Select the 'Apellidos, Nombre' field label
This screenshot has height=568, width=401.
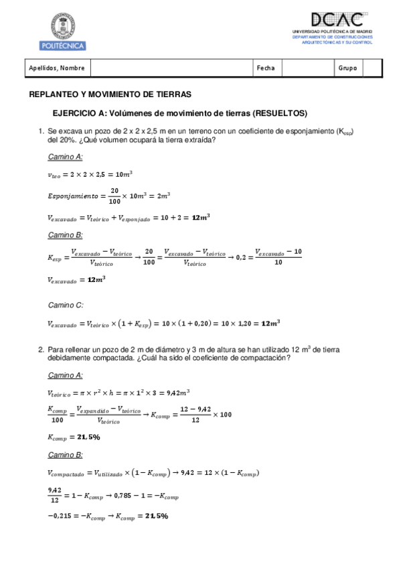57,68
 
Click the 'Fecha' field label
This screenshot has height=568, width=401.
266,68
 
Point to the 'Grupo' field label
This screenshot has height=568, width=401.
347,68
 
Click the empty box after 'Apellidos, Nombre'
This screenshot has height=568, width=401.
171,68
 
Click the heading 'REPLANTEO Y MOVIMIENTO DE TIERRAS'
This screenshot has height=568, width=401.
110,94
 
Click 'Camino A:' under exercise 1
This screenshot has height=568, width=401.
65,157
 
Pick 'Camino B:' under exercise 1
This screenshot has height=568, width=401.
65,235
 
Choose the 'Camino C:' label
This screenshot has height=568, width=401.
65,305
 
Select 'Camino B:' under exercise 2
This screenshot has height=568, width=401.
65,455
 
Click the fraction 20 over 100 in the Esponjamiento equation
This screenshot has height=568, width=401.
114,196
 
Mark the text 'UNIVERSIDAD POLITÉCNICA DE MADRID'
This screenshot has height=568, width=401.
332,31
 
